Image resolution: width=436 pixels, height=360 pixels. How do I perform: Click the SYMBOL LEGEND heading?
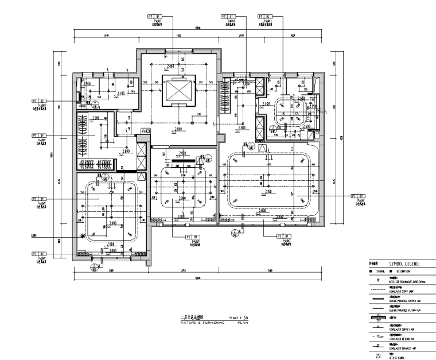point(405,263)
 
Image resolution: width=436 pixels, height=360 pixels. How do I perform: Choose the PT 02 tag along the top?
point(266,16)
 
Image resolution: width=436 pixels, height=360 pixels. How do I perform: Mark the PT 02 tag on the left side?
point(38,100)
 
